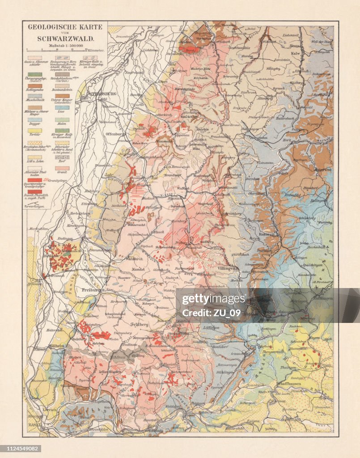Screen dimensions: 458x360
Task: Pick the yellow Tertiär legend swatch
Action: pos(35,131)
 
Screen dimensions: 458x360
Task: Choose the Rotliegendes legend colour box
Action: pos(35,85)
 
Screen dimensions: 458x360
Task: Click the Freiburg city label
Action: pos(92,290)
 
